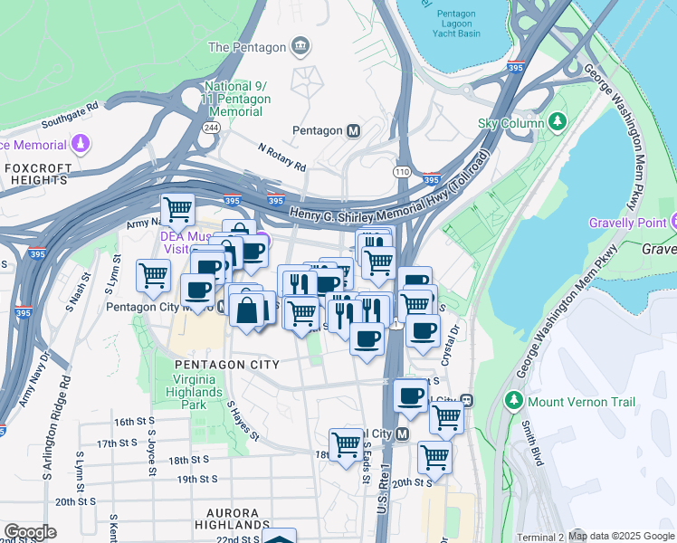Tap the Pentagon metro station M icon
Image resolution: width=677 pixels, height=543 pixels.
(353, 130)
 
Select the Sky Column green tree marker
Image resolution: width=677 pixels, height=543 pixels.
(558, 123)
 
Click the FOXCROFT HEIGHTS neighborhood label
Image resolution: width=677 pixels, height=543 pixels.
(36, 175)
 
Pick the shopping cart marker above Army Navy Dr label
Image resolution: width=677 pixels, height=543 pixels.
(177, 210)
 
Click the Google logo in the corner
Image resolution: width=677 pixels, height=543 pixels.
(31, 532)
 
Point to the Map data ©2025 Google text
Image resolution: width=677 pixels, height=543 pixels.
(621, 536)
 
